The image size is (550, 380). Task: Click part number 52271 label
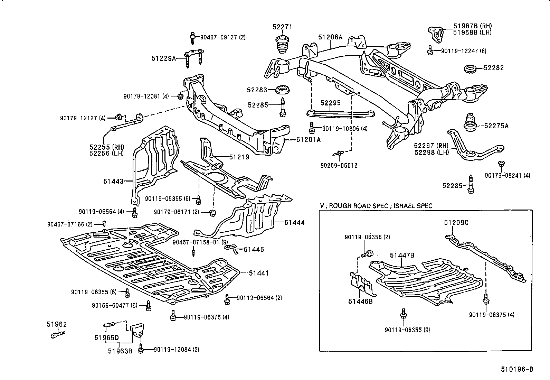(282, 27)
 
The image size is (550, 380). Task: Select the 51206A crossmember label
(330, 37)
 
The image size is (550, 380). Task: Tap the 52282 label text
(494, 68)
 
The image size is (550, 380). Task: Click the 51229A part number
(163, 59)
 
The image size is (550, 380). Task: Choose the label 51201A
(308, 140)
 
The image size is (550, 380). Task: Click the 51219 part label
(239, 157)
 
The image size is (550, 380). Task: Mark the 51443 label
(113, 181)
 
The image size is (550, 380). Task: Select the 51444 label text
(295, 223)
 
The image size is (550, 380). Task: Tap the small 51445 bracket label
(254, 249)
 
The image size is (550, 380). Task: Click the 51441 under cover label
(259, 273)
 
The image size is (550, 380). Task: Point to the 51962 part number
(57, 324)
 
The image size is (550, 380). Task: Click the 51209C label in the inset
(456, 223)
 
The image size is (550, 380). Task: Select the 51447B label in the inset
(402, 256)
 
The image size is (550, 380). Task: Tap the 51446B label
(360, 301)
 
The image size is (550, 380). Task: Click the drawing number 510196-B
(517, 370)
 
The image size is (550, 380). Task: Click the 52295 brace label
(330, 103)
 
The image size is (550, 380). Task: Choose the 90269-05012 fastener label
(339, 166)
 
